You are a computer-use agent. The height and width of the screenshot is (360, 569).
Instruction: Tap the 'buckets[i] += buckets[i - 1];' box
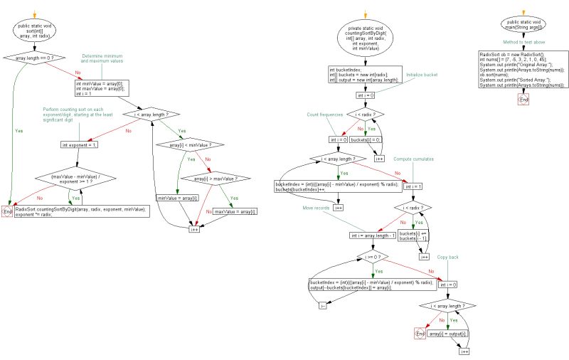[x=413, y=236]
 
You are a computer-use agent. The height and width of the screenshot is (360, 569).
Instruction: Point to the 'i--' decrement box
[x=322, y=305]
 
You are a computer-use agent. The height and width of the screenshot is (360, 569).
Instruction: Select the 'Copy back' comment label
[x=447, y=256]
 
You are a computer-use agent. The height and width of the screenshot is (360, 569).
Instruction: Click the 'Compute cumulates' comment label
[x=430, y=159]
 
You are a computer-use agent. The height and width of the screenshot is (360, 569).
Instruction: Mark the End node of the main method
[x=525, y=100]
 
